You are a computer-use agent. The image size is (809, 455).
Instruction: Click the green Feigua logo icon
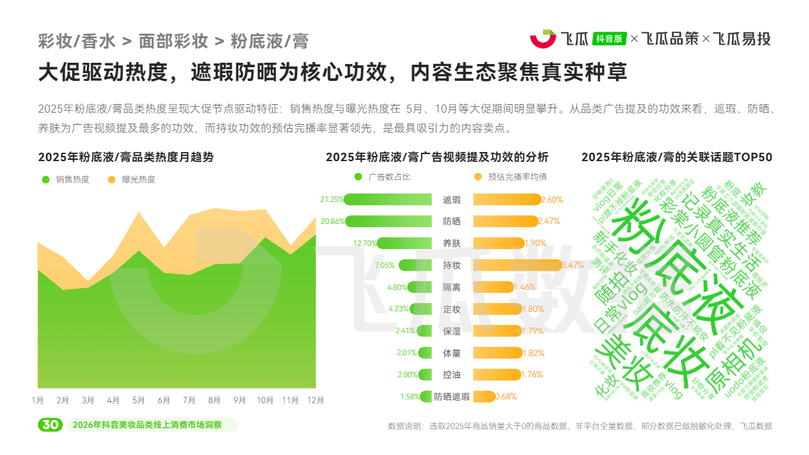[543, 39]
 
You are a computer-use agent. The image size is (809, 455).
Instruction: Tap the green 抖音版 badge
[610, 39]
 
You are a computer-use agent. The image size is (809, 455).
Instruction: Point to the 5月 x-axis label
[139, 400]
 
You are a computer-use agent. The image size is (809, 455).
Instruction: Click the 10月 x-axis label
[265, 400]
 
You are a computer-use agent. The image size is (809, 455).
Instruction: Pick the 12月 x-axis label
[315, 400]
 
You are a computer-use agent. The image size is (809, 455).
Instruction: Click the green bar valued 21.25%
[388, 199]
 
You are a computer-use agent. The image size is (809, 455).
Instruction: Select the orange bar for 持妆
[517, 265]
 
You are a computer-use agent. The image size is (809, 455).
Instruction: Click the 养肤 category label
[452, 243]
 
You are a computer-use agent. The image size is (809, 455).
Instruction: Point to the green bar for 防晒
[388, 221]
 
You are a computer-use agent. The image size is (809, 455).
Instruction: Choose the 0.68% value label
[505, 397]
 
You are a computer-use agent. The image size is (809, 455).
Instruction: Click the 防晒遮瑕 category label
[452, 397]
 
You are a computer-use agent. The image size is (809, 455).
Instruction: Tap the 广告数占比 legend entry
[383, 177]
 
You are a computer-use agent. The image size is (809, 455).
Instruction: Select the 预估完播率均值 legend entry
[511, 177]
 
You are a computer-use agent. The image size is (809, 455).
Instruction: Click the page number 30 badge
[50, 425]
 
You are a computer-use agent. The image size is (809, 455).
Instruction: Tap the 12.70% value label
[364, 243]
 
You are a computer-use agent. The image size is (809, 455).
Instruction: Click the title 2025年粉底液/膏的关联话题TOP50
[676, 157]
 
